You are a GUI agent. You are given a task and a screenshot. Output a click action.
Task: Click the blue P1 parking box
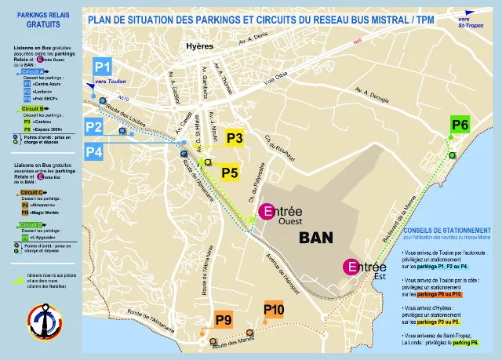pyautogui.click(x=104, y=66)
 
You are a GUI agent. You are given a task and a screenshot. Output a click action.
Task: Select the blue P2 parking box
pyautogui.click(x=94, y=126)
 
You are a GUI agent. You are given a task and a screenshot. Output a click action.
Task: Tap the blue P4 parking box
pyautogui.click(x=94, y=151)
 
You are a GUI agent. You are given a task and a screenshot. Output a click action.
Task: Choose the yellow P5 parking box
pyautogui.click(x=229, y=172)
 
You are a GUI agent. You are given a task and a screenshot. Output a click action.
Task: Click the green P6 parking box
pyautogui.click(x=460, y=125)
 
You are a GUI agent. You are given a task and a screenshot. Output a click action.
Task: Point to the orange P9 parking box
pyautogui.click(x=224, y=320)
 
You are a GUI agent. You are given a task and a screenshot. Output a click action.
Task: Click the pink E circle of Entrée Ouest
pyautogui.click(x=267, y=211)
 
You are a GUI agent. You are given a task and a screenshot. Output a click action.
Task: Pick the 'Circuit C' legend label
pyautogui.click(x=32, y=192)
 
